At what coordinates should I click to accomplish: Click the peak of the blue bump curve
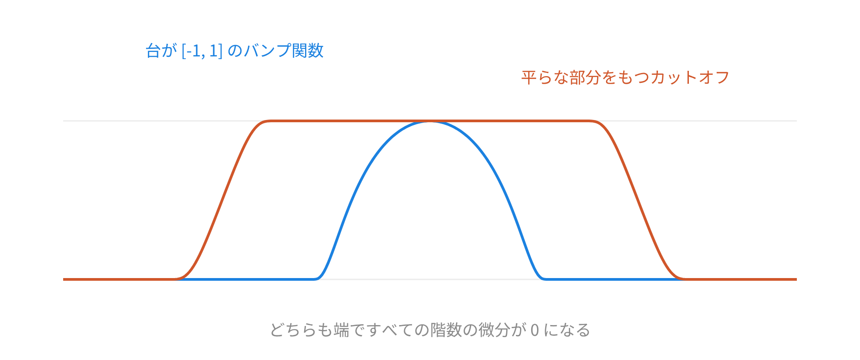click(x=430, y=121)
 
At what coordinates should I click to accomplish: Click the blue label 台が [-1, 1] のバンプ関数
click(x=234, y=51)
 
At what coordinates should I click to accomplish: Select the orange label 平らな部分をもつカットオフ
click(x=625, y=77)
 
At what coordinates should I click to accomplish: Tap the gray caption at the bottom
click(x=430, y=330)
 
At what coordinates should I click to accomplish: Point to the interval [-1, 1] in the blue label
click(x=202, y=51)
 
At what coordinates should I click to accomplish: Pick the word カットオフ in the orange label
click(x=690, y=77)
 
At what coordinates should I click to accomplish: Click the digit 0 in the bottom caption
click(x=534, y=330)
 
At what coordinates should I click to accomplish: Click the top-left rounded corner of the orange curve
click(x=267, y=121)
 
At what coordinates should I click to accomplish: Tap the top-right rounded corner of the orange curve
click(x=592, y=121)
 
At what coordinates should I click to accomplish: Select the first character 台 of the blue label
click(x=153, y=51)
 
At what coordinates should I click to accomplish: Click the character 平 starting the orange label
click(x=529, y=77)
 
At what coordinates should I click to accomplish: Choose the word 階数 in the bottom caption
click(x=446, y=330)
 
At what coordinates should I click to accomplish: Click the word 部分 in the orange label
click(x=585, y=77)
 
